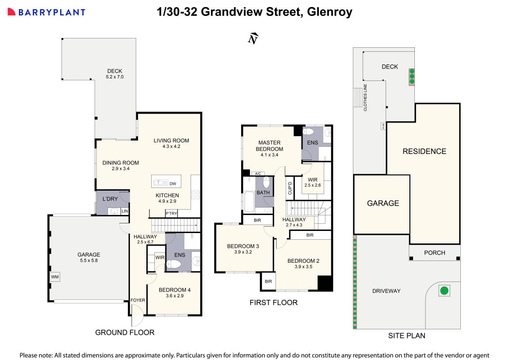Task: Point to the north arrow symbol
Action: click(253, 39)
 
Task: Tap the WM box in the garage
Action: click(55, 277)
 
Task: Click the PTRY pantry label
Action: click(171, 214)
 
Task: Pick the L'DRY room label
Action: click(110, 199)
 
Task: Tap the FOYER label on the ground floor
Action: click(138, 300)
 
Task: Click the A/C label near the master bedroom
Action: click(257, 174)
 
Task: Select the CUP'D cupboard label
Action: click(290, 188)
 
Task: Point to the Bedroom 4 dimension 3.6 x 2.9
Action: click(175, 296)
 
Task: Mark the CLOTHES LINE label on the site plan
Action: click(365, 97)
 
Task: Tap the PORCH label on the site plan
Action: click(434, 253)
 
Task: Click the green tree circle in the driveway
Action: click(444, 291)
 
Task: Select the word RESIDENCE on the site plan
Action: click(424, 151)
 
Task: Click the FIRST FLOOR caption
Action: click(273, 303)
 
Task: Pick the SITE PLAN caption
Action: click(406, 335)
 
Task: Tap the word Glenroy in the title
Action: click(329, 12)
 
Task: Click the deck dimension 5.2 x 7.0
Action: click(115, 77)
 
